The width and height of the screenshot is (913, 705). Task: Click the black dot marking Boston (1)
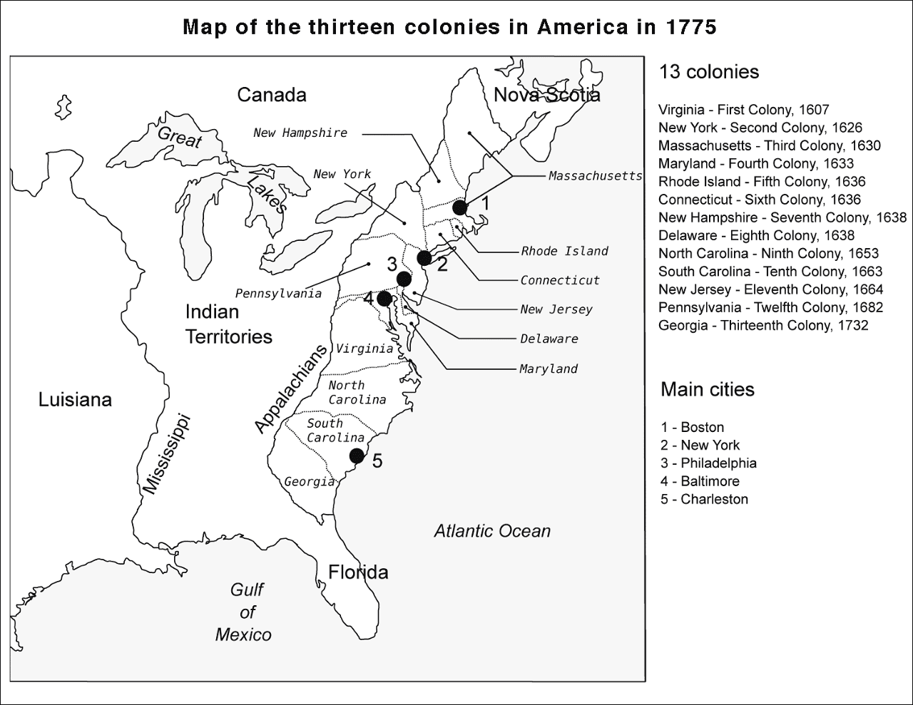coord(460,207)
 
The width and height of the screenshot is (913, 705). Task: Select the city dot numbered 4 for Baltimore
coord(384,298)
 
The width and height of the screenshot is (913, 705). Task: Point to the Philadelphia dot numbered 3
coord(404,278)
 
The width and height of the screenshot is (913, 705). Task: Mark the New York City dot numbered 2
coord(424,257)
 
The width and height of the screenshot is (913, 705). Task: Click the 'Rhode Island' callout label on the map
coord(564,251)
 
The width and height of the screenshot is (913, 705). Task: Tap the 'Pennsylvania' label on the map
coord(278,294)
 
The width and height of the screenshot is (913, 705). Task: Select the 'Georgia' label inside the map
coord(309,482)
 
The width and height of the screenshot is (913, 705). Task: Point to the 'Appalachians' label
coord(290,388)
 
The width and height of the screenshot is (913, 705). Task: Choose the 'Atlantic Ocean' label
coord(492,531)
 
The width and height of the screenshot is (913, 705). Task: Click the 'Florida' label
coord(358,572)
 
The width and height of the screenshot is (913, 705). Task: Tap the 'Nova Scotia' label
coord(546,95)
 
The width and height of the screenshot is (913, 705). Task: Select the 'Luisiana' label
coord(75,400)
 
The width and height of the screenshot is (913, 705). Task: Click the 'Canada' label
coord(271,95)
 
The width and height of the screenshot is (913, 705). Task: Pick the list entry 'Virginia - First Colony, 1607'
coord(743,110)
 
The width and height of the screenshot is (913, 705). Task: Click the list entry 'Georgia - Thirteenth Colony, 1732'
coord(763,326)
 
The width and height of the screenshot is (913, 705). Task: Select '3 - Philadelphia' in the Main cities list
coord(708,463)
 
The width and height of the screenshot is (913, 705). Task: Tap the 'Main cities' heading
coord(707,389)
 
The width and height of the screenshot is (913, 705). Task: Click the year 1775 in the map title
coord(688,28)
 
